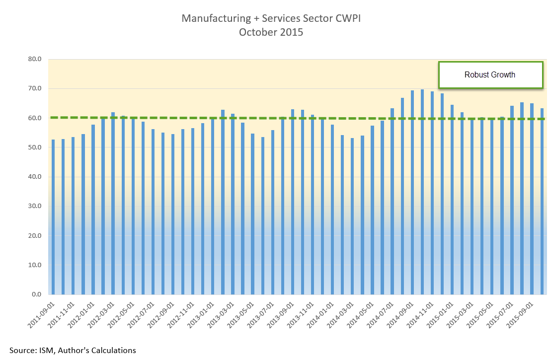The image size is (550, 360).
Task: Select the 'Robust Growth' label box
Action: click(490, 75)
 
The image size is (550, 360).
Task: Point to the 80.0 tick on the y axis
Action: click(35, 60)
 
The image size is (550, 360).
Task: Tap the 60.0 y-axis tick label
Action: click(35, 118)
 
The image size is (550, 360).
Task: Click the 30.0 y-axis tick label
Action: click(35, 206)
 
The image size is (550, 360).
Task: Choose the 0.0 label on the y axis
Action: click(37, 294)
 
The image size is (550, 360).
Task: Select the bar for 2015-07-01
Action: click(512, 199)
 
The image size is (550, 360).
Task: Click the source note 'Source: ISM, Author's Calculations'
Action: click(73, 350)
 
